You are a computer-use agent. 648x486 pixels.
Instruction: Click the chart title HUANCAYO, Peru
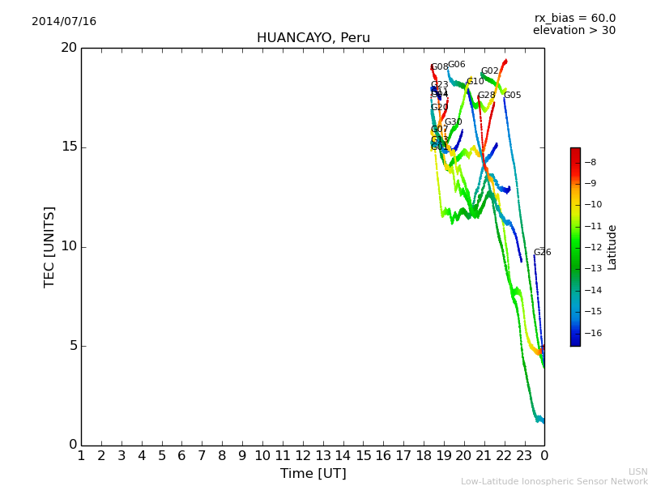313,38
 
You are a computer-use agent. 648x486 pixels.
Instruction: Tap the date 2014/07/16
64,22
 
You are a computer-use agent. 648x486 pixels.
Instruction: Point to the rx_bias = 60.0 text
574,19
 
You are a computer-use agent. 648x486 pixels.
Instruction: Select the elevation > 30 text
573,31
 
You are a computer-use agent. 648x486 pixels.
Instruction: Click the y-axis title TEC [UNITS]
49,246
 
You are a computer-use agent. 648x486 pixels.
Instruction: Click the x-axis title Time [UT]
313,474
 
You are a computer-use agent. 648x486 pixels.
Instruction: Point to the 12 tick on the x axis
302,456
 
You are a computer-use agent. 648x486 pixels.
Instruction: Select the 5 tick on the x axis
161,456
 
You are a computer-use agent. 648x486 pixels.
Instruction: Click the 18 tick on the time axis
423,456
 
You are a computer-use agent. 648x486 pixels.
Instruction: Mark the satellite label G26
542,253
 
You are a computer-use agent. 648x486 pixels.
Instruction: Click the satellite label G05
512,96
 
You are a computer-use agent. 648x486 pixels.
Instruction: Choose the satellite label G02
489,71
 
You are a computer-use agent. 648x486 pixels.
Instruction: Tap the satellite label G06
456,65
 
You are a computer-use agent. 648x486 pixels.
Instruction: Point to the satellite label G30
453,122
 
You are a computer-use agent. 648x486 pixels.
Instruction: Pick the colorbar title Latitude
612,247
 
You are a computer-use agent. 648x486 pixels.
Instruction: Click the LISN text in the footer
637,471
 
